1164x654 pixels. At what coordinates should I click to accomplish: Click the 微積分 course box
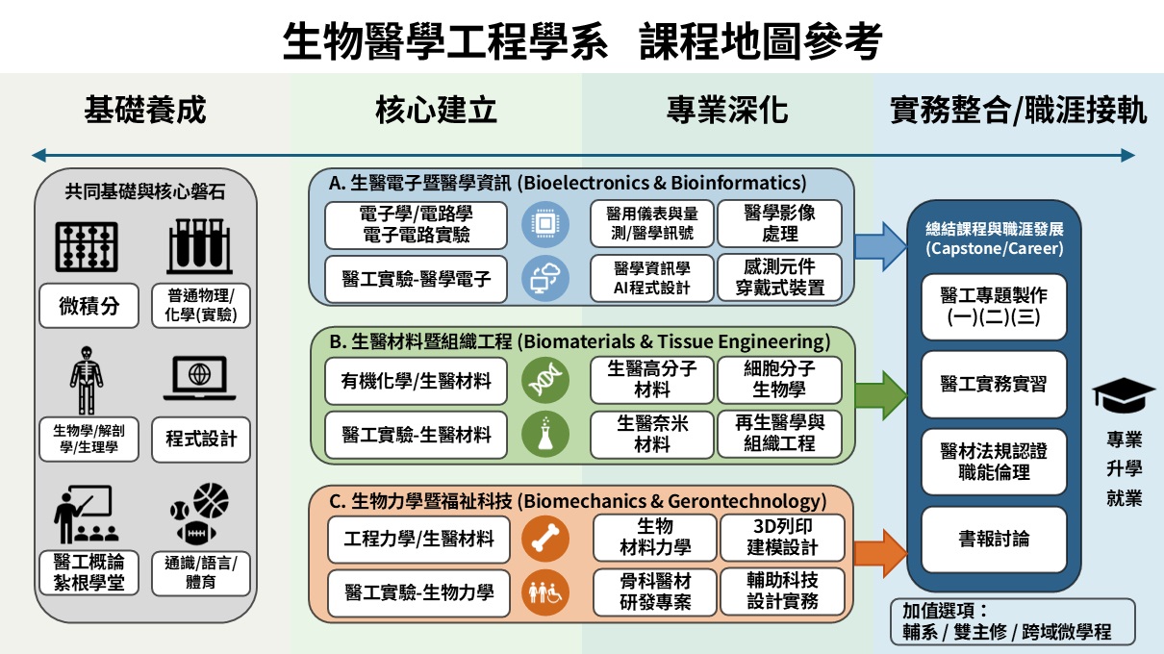(x=89, y=307)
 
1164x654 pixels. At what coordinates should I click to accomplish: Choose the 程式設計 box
(x=200, y=440)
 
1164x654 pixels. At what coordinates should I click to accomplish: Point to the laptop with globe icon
(x=199, y=379)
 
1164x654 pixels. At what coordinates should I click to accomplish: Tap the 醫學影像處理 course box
(x=779, y=223)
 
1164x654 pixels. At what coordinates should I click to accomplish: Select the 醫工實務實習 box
(x=994, y=383)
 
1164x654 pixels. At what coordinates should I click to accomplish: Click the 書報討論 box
(x=994, y=539)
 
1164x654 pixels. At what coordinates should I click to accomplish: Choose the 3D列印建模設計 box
(x=782, y=537)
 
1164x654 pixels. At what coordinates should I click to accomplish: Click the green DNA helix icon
(x=539, y=381)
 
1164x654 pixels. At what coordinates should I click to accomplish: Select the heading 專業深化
(x=727, y=111)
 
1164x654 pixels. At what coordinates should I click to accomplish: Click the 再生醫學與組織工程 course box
(x=779, y=434)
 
